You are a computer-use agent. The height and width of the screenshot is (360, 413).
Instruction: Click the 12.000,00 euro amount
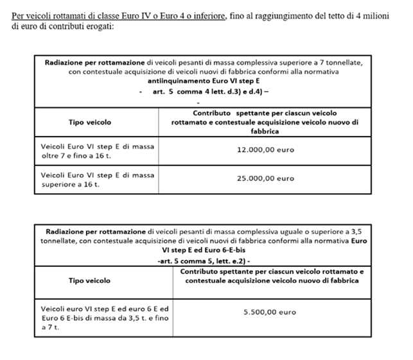pyautogui.click(x=265, y=150)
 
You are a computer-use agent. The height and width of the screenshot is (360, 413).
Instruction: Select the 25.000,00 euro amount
pyautogui.click(x=265, y=178)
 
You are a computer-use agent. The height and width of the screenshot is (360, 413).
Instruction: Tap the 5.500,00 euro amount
pyautogui.click(x=270, y=312)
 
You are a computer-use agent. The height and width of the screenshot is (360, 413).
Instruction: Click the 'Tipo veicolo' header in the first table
pyautogui.click(x=89, y=121)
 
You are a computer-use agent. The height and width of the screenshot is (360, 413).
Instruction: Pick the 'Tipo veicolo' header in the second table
pyautogui.click(x=89, y=280)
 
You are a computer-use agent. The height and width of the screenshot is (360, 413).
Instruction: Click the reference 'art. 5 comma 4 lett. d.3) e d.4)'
pyautogui.click(x=212, y=92)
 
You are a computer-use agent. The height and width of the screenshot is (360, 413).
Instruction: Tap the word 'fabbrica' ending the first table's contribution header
pyautogui.click(x=265, y=130)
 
